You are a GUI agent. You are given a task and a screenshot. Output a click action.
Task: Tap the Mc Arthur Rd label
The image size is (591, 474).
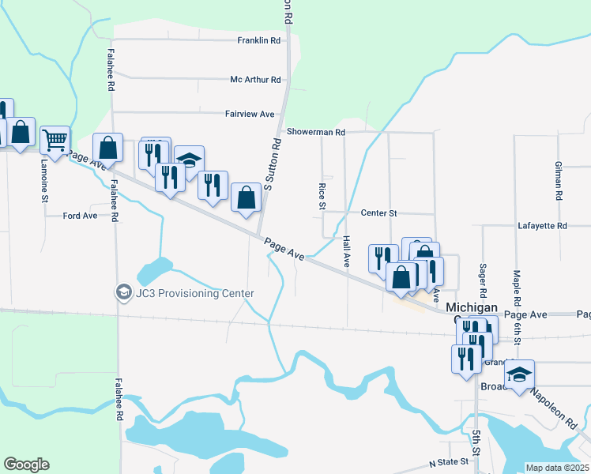255,80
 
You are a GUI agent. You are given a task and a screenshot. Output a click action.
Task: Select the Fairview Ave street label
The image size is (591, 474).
249,114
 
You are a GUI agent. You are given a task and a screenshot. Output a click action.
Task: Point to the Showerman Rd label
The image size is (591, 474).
316,132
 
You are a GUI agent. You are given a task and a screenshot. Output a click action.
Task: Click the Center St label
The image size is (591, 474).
378,213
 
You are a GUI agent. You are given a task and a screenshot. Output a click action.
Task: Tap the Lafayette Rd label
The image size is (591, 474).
542,226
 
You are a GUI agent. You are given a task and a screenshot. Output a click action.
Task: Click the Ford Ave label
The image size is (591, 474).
80,215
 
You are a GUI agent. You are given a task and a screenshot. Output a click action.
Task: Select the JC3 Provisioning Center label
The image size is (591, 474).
194,294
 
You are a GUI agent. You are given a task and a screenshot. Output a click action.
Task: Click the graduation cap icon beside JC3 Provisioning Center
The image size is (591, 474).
123,293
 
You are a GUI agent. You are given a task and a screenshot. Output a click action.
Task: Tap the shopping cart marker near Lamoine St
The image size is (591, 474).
55,140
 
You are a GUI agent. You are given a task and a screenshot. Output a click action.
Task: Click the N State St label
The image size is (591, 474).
448,461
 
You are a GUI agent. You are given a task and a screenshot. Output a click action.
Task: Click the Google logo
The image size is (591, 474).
26,465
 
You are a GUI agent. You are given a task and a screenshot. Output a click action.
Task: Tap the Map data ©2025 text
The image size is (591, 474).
557,468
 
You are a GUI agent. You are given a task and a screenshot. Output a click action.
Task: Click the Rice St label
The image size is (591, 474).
322,196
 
